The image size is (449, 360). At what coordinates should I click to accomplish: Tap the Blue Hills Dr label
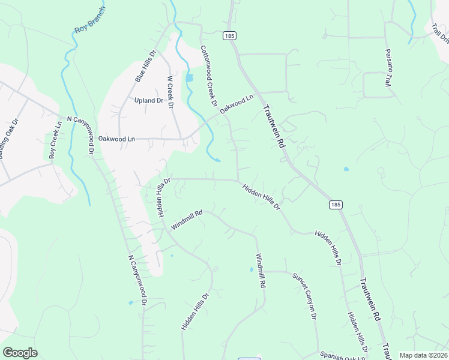(145, 66)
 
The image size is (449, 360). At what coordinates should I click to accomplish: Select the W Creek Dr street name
(170, 92)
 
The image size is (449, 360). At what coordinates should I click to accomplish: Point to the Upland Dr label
(149, 101)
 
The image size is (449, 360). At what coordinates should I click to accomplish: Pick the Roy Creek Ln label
(56, 140)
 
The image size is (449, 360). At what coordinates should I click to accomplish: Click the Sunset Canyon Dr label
(304, 297)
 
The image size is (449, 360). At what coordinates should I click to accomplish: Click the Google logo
(20, 353)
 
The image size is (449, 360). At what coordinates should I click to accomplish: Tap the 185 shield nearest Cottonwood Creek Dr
(228, 36)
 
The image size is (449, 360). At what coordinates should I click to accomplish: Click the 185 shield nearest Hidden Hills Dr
(336, 205)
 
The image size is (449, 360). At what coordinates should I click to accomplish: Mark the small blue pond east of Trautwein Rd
(346, 169)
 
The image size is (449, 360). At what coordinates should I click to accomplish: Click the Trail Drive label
(440, 33)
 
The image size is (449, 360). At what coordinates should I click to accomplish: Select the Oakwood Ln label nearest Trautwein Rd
(237, 104)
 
